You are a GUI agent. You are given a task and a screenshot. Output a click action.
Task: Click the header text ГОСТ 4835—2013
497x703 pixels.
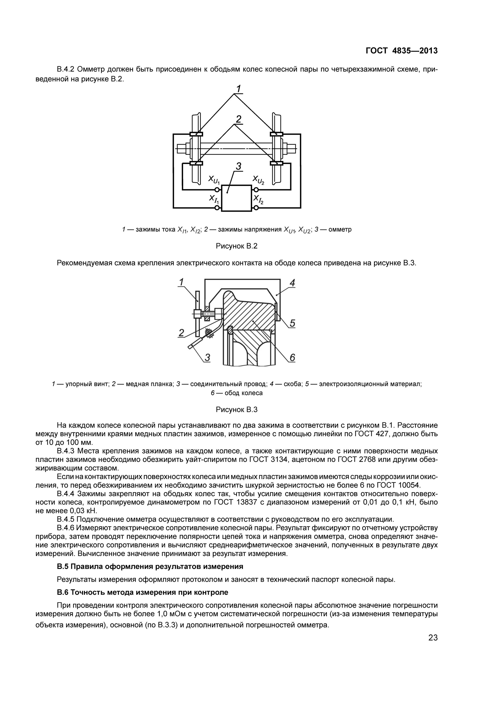tap(401, 51)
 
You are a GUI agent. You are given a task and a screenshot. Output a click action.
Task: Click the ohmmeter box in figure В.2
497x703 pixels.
tap(236, 198)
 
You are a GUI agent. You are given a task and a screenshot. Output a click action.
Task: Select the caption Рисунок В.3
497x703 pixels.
tap(237, 410)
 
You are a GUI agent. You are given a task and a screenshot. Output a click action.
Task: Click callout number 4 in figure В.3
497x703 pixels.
tap(292, 283)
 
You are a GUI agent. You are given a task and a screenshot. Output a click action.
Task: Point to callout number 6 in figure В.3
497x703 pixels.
tap(292, 357)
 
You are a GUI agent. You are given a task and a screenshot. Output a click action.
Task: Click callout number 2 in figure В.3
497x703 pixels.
tap(181, 333)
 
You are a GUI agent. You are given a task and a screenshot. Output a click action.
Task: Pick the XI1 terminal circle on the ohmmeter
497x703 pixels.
tap(217, 208)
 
